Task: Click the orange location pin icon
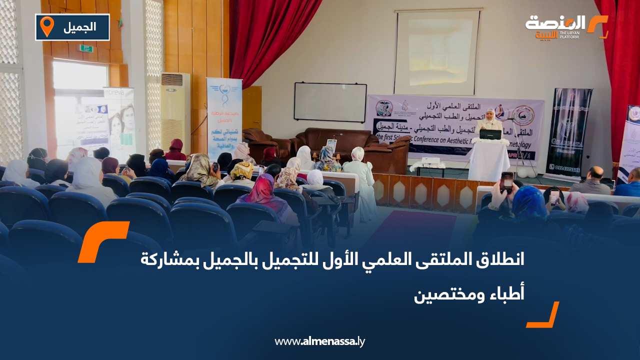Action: (x=47, y=26)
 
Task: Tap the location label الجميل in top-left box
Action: (x=80, y=27)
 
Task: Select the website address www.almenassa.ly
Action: (x=320, y=341)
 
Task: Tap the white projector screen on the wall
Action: (x=436, y=52)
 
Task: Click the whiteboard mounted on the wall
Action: (x=330, y=102)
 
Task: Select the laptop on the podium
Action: (x=490, y=134)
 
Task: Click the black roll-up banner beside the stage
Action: (x=568, y=132)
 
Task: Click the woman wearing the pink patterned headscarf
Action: (x=263, y=192)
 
